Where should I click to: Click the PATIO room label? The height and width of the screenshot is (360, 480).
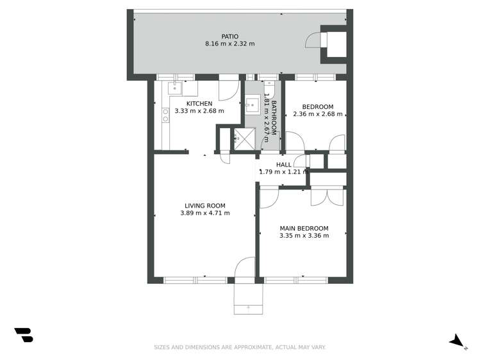click(x=229, y=37)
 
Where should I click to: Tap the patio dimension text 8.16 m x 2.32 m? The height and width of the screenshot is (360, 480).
click(x=229, y=44)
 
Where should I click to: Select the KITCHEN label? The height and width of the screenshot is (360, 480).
click(x=199, y=104)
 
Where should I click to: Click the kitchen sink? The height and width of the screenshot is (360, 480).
click(x=174, y=88)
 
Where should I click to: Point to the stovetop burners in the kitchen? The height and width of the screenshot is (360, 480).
click(x=165, y=115)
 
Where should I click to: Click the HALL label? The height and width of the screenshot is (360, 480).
click(x=284, y=165)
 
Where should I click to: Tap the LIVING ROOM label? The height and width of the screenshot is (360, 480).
click(x=204, y=206)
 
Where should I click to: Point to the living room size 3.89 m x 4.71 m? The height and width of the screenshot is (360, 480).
click(x=204, y=213)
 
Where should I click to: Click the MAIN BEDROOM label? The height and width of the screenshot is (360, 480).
click(x=304, y=228)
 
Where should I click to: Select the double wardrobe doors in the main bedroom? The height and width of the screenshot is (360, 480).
click(x=327, y=196)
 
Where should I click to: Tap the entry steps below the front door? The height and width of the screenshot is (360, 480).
click(x=248, y=299)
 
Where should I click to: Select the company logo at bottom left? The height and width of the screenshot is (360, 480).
click(x=24, y=334)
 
